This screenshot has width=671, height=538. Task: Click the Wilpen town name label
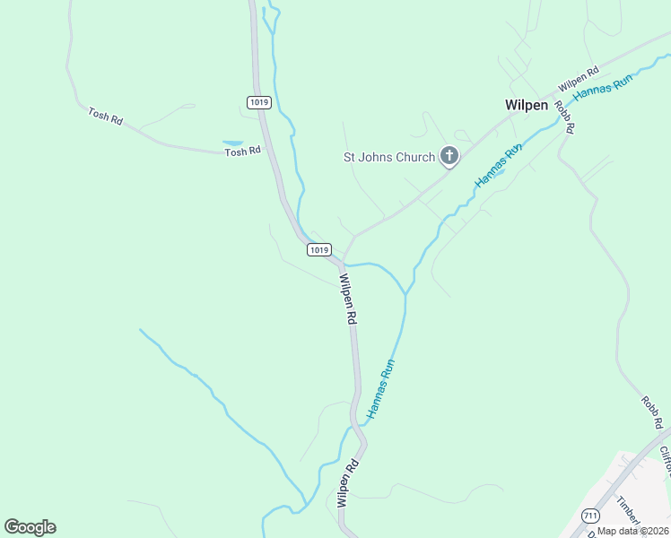527,105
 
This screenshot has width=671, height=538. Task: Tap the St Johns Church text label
390,157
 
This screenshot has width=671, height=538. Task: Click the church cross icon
449,158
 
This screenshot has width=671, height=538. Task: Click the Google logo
30,527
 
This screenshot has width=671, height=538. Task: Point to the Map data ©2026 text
632,531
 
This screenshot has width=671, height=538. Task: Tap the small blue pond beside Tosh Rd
232,143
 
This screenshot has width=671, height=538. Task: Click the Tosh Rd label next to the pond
242,152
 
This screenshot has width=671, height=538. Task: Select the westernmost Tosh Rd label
105,116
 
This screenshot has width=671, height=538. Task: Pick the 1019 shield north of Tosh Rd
258,102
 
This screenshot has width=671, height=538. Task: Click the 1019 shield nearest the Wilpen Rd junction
319,249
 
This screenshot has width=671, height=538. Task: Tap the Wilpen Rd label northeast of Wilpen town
578,80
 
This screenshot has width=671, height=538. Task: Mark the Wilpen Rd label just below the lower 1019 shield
348,299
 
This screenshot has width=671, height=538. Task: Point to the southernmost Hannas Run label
380,390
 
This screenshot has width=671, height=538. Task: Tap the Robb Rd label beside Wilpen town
563,117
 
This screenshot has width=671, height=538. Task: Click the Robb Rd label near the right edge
652,411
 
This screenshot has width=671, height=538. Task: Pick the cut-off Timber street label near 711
632,512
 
